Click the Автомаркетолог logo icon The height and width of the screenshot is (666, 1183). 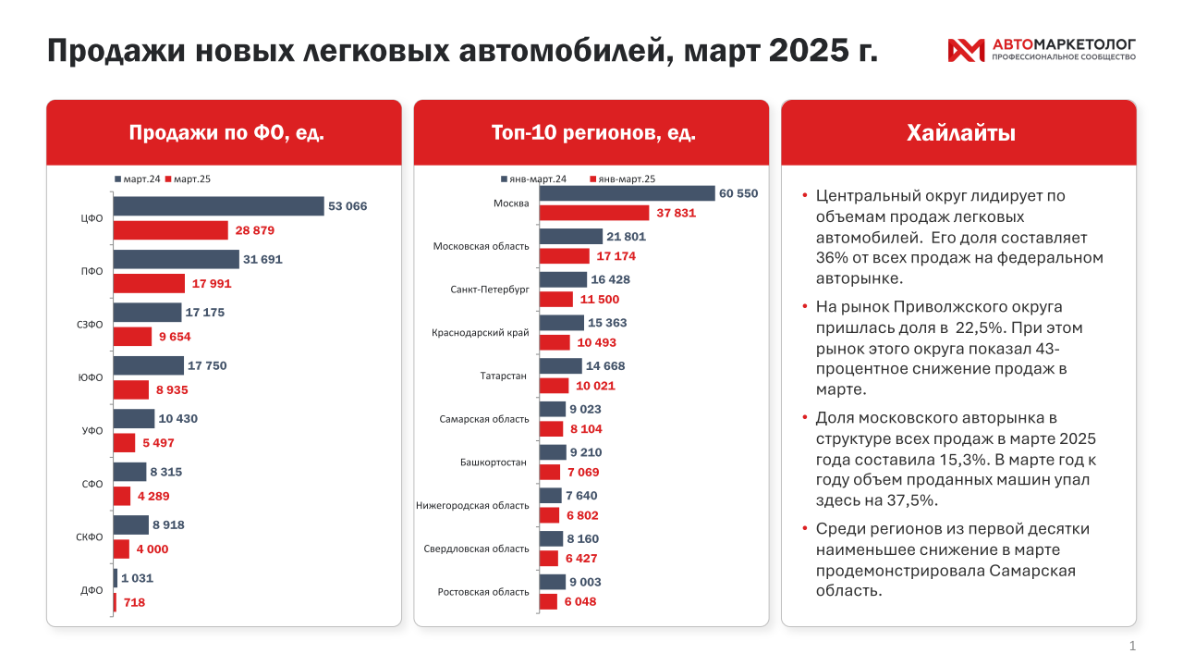click(x=967, y=50)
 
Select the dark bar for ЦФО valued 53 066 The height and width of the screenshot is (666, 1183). click(x=218, y=206)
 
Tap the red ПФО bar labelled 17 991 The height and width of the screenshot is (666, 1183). click(x=149, y=284)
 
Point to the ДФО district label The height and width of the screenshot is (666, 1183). click(x=91, y=590)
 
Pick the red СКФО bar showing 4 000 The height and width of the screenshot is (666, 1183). click(x=121, y=549)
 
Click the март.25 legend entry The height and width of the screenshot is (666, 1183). click(x=188, y=179)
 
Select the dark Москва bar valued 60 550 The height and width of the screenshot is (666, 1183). click(x=627, y=193)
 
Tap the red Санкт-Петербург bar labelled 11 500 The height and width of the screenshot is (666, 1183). click(x=556, y=299)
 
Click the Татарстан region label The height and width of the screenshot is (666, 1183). click(x=503, y=376)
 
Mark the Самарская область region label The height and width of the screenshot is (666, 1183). click(x=484, y=419)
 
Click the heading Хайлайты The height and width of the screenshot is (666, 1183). click(x=960, y=133)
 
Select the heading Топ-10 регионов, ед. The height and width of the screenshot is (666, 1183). click(x=593, y=133)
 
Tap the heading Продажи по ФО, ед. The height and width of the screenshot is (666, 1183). click(x=226, y=133)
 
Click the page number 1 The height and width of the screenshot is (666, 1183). click(x=1132, y=646)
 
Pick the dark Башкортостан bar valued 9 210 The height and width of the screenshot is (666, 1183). click(x=552, y=452)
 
